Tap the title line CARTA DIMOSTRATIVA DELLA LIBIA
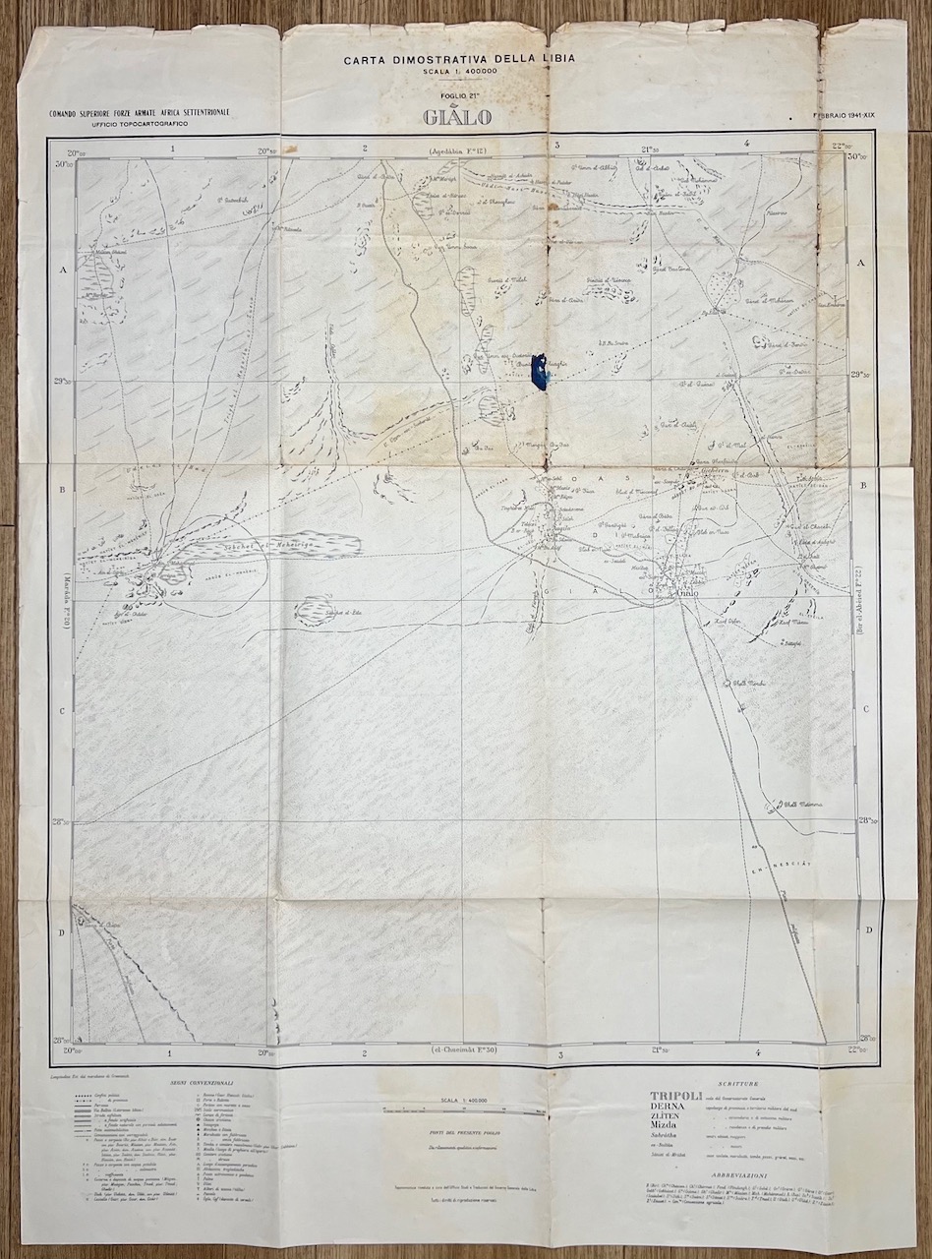(x=459, y=59)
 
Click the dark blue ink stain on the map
(x=540, y=373)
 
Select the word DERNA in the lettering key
(x=671, y=1110)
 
